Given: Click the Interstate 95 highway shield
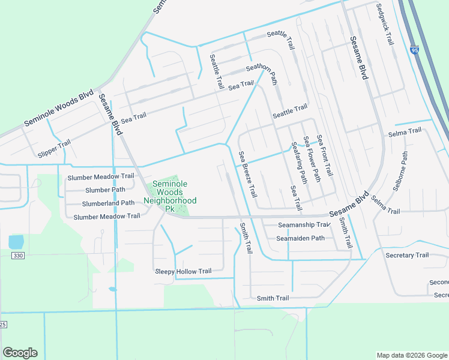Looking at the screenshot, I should click(415, 51).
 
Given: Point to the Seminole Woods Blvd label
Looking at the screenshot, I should click(58, 109).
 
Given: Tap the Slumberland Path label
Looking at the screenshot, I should click(108, 203).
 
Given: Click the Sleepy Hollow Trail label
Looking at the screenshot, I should click(184, 271).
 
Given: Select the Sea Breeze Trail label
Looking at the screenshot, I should click(248, 175).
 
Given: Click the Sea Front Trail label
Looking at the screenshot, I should click(324, 155).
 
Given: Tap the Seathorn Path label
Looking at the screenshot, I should click(261, 73).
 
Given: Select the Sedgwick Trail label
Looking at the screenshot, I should click(384, 25).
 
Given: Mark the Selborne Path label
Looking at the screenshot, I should click(400, 170).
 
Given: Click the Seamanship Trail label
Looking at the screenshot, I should click(304, 225).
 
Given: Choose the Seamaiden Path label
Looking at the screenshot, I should click(300, 238).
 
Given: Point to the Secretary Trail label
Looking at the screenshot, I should click(407, 255).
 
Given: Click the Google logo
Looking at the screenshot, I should click(20, 353).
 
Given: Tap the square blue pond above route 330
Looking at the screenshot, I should click(16, 242).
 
